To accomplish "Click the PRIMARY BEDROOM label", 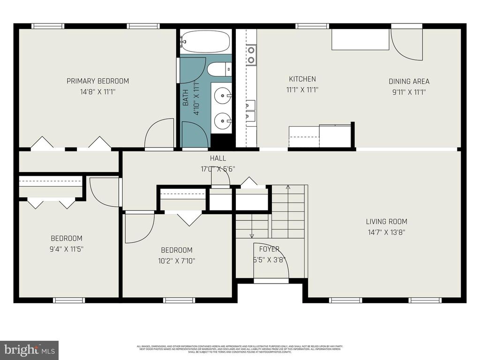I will pos(97,81).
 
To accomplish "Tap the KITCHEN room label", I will pos(302,79).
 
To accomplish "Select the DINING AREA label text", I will pos(409,81).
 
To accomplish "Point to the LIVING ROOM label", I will pos(386,221).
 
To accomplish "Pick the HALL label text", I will pos(218,158).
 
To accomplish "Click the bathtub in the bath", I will pos(206,42).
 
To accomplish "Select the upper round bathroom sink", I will pos(222,97).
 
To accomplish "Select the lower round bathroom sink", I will pos(222,121).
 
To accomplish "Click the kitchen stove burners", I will pos(252,54).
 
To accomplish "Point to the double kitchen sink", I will pos(250,111).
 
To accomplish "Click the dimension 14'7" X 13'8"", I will pos(386,232).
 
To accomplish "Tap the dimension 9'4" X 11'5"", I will pos(67,248).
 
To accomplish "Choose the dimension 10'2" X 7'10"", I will pos(177,260).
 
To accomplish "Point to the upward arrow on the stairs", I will pos(289,187).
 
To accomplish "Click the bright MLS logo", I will pos(29,350).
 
